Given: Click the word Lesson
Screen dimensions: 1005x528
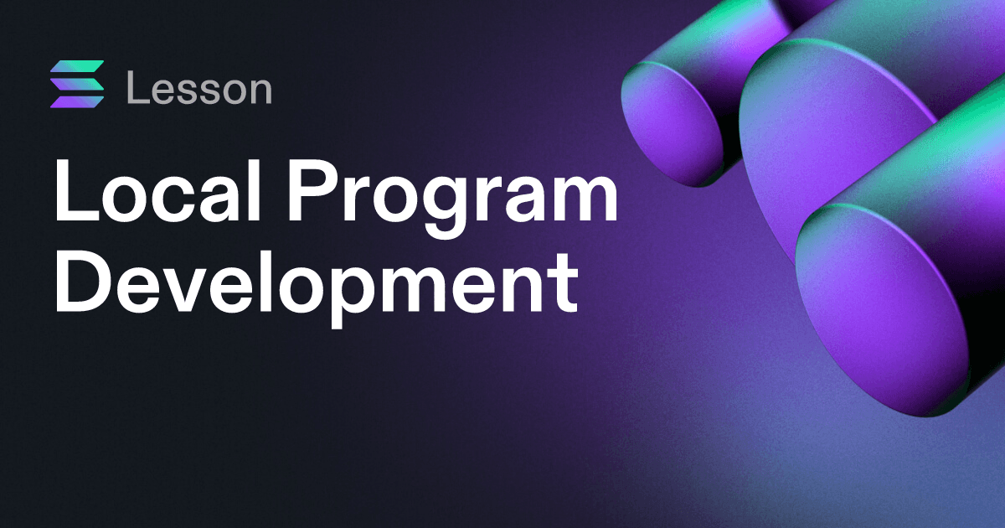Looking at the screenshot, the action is point(199,87).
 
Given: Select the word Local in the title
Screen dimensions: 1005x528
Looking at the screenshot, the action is point(157,190).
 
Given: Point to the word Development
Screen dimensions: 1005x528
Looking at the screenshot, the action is point(316,283).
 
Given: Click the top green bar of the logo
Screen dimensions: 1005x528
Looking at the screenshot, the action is point(77,66).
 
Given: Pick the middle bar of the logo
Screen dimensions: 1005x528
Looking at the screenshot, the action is point(77,84).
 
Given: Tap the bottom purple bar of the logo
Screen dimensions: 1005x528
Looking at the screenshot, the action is point(77,102).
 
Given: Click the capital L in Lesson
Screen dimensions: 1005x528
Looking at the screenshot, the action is point(137,87).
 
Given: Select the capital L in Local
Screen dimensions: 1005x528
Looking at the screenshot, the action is point(76,190).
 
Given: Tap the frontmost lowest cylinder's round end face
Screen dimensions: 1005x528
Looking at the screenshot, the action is point(882,310).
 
